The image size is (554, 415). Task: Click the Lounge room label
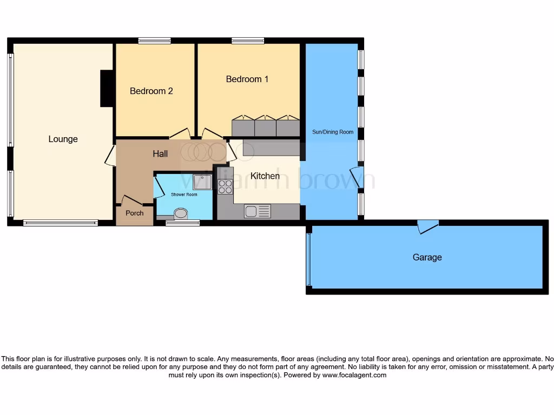pyautogui.click(x=63, y=139)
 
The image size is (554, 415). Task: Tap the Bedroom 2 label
pyautogui.click(x=151, y=91)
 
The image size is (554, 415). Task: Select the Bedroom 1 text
pyautogui.click(x=247, y=79)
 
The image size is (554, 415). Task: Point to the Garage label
pyautogui.click(x=427, y=257)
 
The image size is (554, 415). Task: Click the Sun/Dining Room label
pyautogui.click(x=332, y=132)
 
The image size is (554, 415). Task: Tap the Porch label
pyautogui.click(x=135, y=213)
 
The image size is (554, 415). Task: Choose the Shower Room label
pyautogui.click(x=184, y=195)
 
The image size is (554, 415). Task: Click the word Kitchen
pyautogui.click(x=265, y=176)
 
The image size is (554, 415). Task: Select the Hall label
pyautogui.click(x=160, y=154)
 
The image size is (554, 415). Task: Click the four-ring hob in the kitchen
pyautogui.click(x=225, y=186)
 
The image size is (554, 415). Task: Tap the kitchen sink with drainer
pyautogui.click(x=257, y=211)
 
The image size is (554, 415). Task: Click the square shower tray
pyautogui.click(x=201, y=182)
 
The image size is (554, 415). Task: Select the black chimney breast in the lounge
pyautogui.click(x=107, y=88)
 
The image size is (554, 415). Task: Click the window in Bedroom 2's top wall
pyautogui.click(x=154, y=41)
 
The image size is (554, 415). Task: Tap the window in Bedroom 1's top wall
pyautogui.click(x=248, y=41)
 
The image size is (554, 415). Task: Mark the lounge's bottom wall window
pyautogui.click(x=60, y=222)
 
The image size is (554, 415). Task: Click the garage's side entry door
pyautogui.click(x=427, y=226)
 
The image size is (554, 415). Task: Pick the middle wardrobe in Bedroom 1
pyautogui.click(x=265, y=127)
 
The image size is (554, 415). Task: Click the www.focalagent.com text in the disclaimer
pyautogui.click(x=354, y=375)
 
